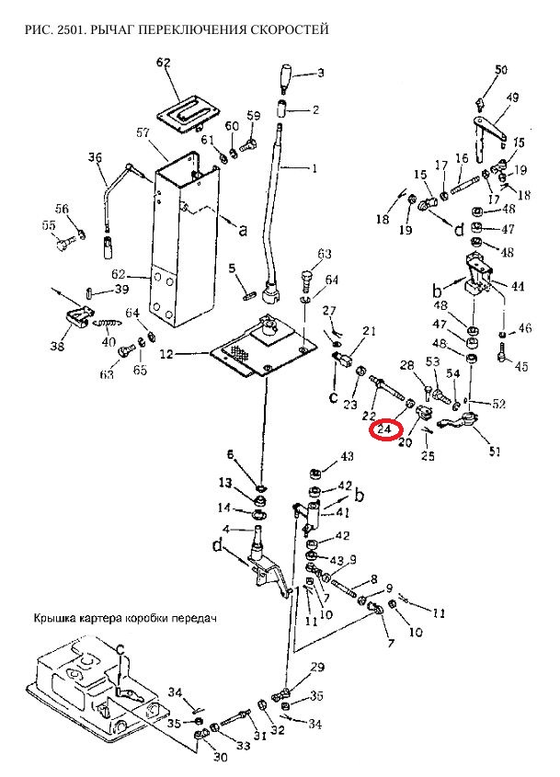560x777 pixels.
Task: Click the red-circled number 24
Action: point(384,429)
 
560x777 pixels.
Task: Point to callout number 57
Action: point(143,132)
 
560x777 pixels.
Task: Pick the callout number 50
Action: point(501,69)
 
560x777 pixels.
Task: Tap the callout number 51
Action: point(495,451)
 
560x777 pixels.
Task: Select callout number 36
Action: point(95,158)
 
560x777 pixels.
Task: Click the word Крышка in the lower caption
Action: point(51,619)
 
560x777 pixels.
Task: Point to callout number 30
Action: point(221,757)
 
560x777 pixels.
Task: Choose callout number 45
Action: point(521,366)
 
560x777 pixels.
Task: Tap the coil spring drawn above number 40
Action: point(108,323)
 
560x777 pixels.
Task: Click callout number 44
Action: point(518,286)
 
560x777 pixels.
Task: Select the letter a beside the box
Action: point(243,230)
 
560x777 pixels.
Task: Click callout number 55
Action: point(49,226)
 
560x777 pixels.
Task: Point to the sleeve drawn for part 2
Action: point(281,109)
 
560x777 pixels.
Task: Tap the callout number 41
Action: point(342,512)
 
